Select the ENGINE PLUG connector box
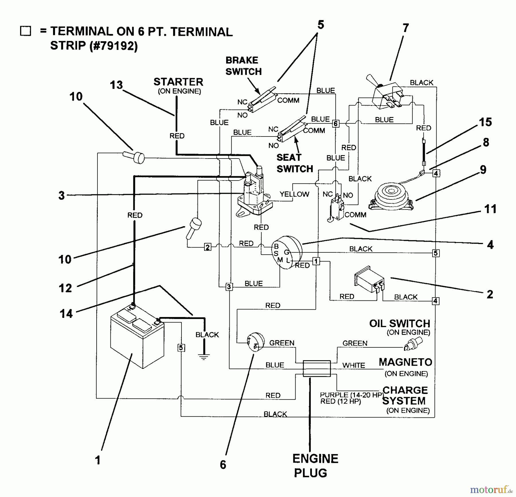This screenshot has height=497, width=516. point(317,369)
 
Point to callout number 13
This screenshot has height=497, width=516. point(116,85)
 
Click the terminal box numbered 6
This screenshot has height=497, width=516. point(335,124)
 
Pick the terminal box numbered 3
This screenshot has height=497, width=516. point(229,287)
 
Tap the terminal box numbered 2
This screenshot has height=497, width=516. point(208,247)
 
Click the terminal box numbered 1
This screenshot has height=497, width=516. point(316,261)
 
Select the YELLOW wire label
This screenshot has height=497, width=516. point(294,194)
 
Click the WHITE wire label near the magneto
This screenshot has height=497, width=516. point(354,365)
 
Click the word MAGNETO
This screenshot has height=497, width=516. point(405,362)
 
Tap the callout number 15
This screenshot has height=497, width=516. point(485,122)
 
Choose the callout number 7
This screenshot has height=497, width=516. point(405,28)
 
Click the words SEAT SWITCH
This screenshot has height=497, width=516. point(295,163)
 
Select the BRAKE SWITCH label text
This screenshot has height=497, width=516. point(243,66)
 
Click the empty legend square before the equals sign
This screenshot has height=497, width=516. point(26,31)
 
